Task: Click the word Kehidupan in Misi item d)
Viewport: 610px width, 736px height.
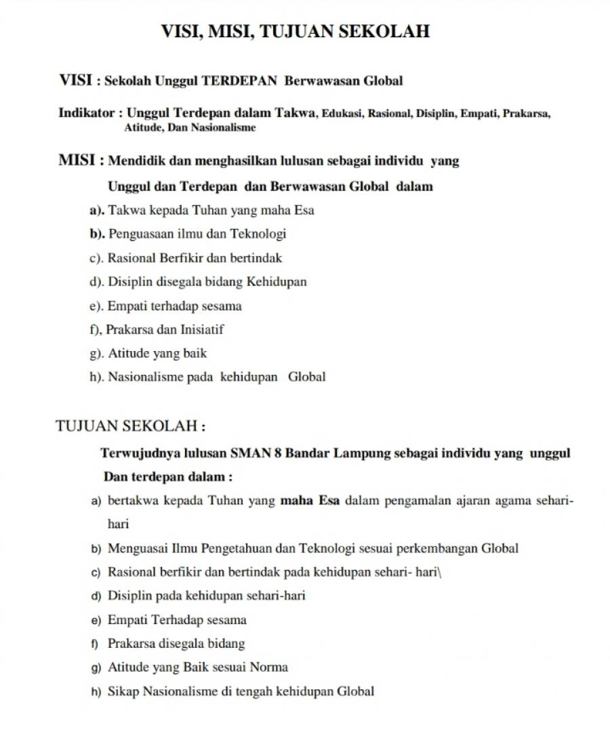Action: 277,282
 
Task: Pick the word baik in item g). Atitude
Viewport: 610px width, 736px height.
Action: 194,353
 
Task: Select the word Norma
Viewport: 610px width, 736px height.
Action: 269,668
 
